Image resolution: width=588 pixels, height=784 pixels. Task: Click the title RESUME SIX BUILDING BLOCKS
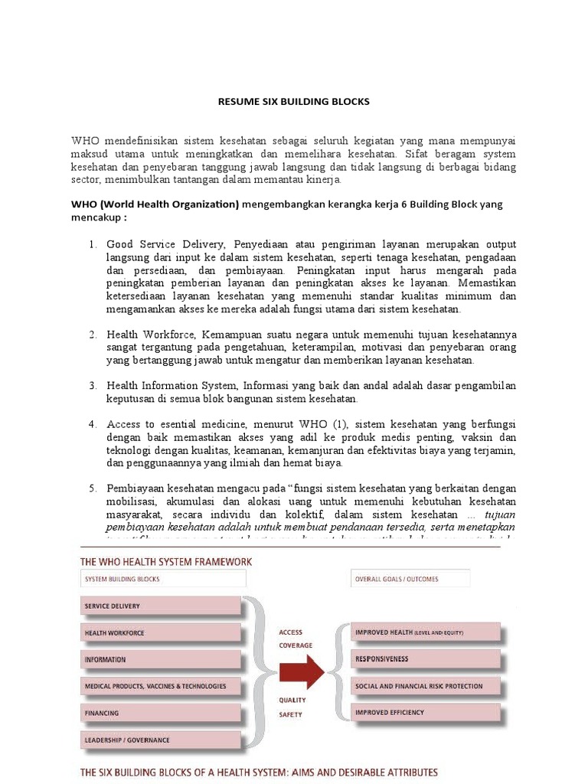pos(294,102)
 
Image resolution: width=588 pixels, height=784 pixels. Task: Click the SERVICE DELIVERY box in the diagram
pos(160,606)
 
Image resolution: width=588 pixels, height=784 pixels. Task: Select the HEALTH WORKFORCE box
pos(160,633)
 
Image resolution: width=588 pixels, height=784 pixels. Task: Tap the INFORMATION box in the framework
pos(160,660)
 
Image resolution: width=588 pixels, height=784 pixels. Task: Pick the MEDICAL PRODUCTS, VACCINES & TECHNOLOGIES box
pos(160,687)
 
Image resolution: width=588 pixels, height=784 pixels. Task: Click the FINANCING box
pos(160,714)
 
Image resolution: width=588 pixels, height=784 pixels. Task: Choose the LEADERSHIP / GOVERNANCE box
pos(160,740)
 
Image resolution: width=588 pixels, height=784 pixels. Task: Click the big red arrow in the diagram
pos(301,671)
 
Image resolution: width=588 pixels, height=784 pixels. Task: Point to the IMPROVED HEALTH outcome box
pos(426,633)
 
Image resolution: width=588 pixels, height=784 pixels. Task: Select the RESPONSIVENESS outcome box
pos(426,659)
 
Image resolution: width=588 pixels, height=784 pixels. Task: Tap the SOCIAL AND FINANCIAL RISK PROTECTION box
pos(426,686)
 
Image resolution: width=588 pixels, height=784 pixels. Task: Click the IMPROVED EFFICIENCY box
pos(426,713)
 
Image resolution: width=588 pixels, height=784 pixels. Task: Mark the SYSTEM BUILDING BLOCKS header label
pos(122,580)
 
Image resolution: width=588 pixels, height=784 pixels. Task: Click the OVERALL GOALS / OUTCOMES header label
pos(397,580)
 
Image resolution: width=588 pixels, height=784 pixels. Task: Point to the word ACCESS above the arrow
pos(291,632)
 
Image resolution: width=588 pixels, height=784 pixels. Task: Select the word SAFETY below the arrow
pos(290,714)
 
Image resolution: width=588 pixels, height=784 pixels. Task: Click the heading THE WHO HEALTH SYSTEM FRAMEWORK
pos(166,562)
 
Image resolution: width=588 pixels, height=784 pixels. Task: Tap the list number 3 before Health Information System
pos(92,385)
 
